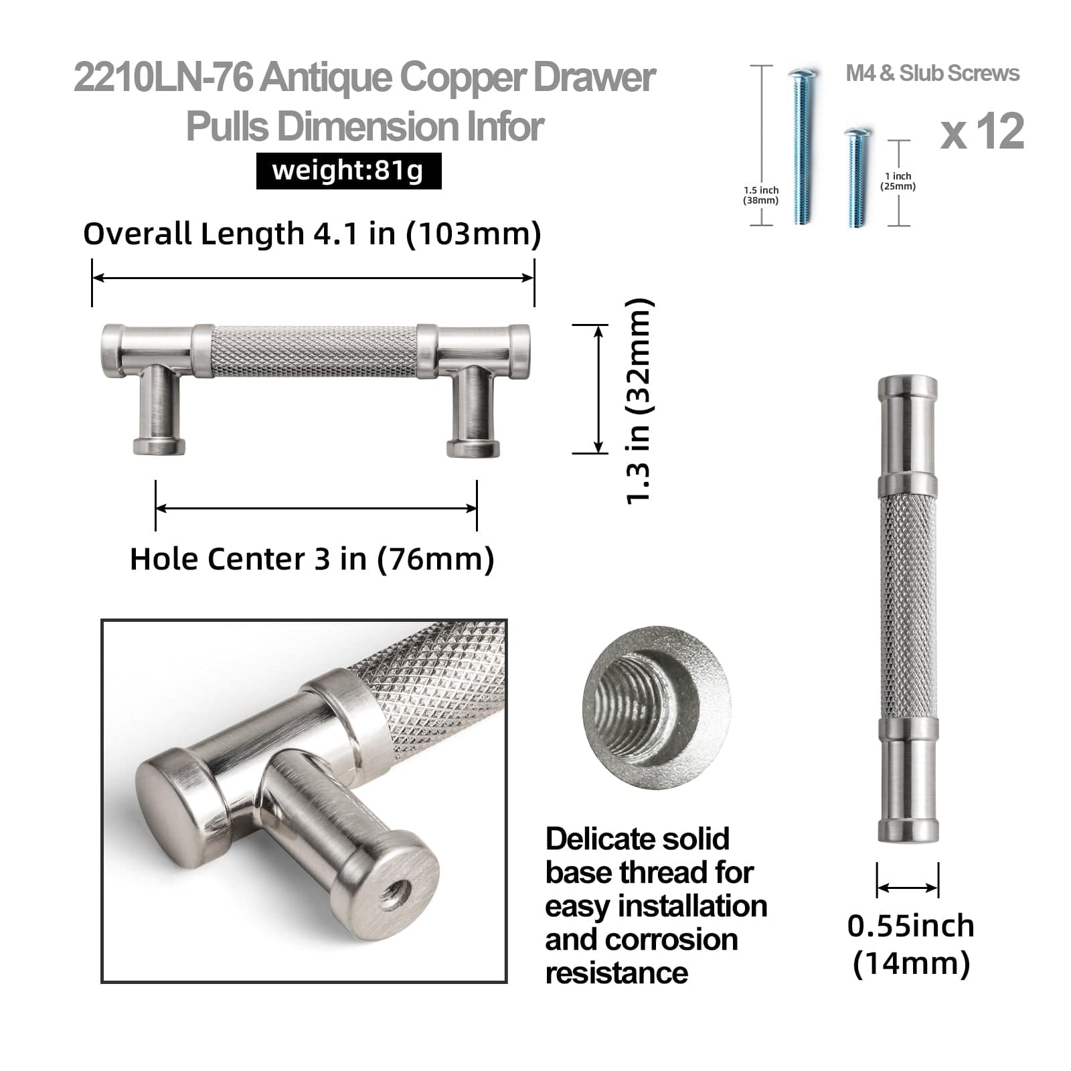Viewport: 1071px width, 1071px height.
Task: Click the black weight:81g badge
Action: point(349,171)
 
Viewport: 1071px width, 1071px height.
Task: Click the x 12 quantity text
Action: point(982,131)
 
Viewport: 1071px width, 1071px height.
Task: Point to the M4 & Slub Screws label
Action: point(932,73)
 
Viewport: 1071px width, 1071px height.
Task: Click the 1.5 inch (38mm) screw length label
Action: point(761,195)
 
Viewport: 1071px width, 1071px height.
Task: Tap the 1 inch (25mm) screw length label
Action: point(898,181)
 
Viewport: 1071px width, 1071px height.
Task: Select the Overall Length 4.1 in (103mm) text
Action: point(312,234)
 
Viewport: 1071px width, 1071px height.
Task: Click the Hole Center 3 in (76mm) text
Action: point(312,560)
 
